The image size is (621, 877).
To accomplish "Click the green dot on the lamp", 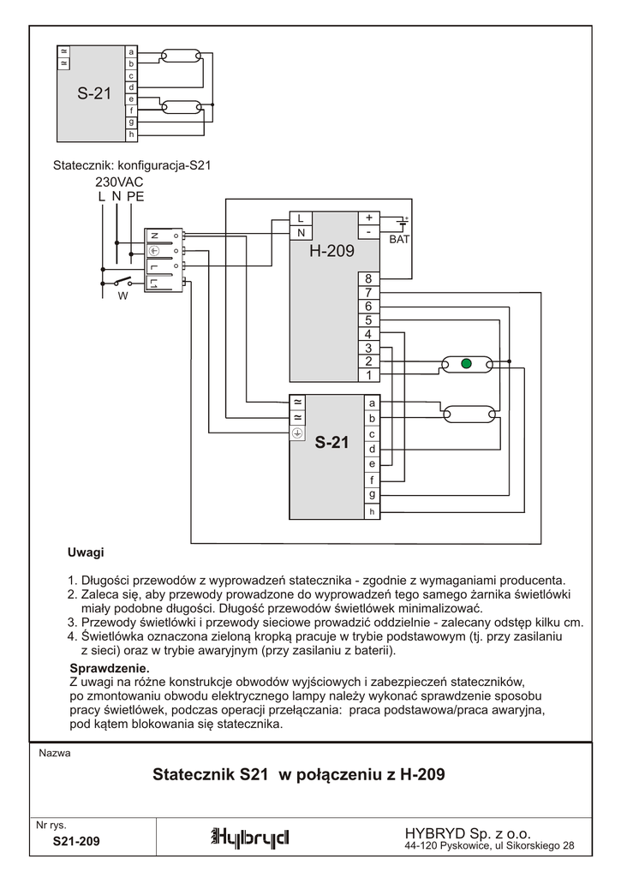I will tap(466, 364).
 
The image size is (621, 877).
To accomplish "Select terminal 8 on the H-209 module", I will tap(368, 279).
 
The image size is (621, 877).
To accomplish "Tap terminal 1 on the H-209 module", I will tap(368, 375).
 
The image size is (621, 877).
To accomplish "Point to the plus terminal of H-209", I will tap(368, 218).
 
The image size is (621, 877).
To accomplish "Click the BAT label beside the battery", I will tap(400, 240).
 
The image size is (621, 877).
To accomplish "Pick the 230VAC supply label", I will tap(119, 182).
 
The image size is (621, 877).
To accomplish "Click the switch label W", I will tap(122, 296).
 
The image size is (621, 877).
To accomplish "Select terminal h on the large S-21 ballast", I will tap(372, 511).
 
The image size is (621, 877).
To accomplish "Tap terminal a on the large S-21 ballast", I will tap(372, 403).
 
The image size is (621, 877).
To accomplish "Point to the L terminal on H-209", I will tap(301, 218).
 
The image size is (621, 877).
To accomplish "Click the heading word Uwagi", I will tap(86, 552).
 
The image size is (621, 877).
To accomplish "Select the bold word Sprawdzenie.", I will tap(109, 668).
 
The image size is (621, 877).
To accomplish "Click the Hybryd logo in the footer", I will tap(250, 837).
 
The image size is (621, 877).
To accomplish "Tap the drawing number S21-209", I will tap(76, 842).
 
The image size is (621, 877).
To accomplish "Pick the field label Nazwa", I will tap(55, 754).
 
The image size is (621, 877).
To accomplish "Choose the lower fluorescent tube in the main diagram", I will tap(466, 415).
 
